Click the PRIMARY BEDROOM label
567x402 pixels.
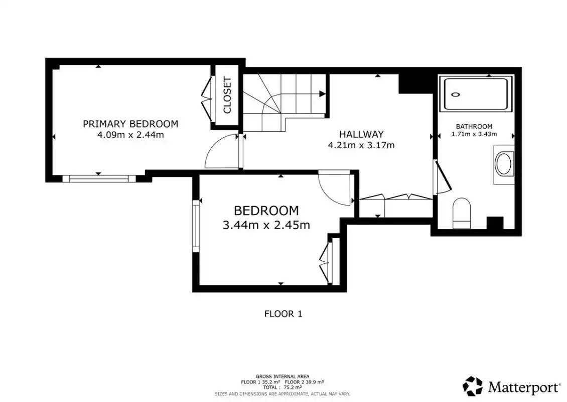click(130, 124)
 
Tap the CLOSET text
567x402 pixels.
click(227, 95)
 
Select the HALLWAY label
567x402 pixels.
click(361, 134)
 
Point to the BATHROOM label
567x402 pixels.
click(474, 127)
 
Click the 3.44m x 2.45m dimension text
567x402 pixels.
click(266, 225)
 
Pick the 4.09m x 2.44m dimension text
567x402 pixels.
click(130, 135)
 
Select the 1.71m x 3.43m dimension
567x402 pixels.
click(474, 134)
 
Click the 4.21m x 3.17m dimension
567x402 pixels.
click(361, 146)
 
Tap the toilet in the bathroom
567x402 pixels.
click(462, 214)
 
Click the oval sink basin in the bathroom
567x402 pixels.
click(504, 164)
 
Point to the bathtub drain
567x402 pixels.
click(456, 94)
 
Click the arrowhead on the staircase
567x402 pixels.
click(322, 94)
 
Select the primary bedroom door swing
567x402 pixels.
click(222, 151)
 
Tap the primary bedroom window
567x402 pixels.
click(99, 178)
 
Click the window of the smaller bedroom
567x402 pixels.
click(196, 226)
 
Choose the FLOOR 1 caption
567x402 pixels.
click(283, 314)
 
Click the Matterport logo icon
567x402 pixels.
click(473, 386)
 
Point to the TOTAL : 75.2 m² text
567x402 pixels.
click(282, 387)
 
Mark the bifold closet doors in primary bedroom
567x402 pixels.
click(207, 98)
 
